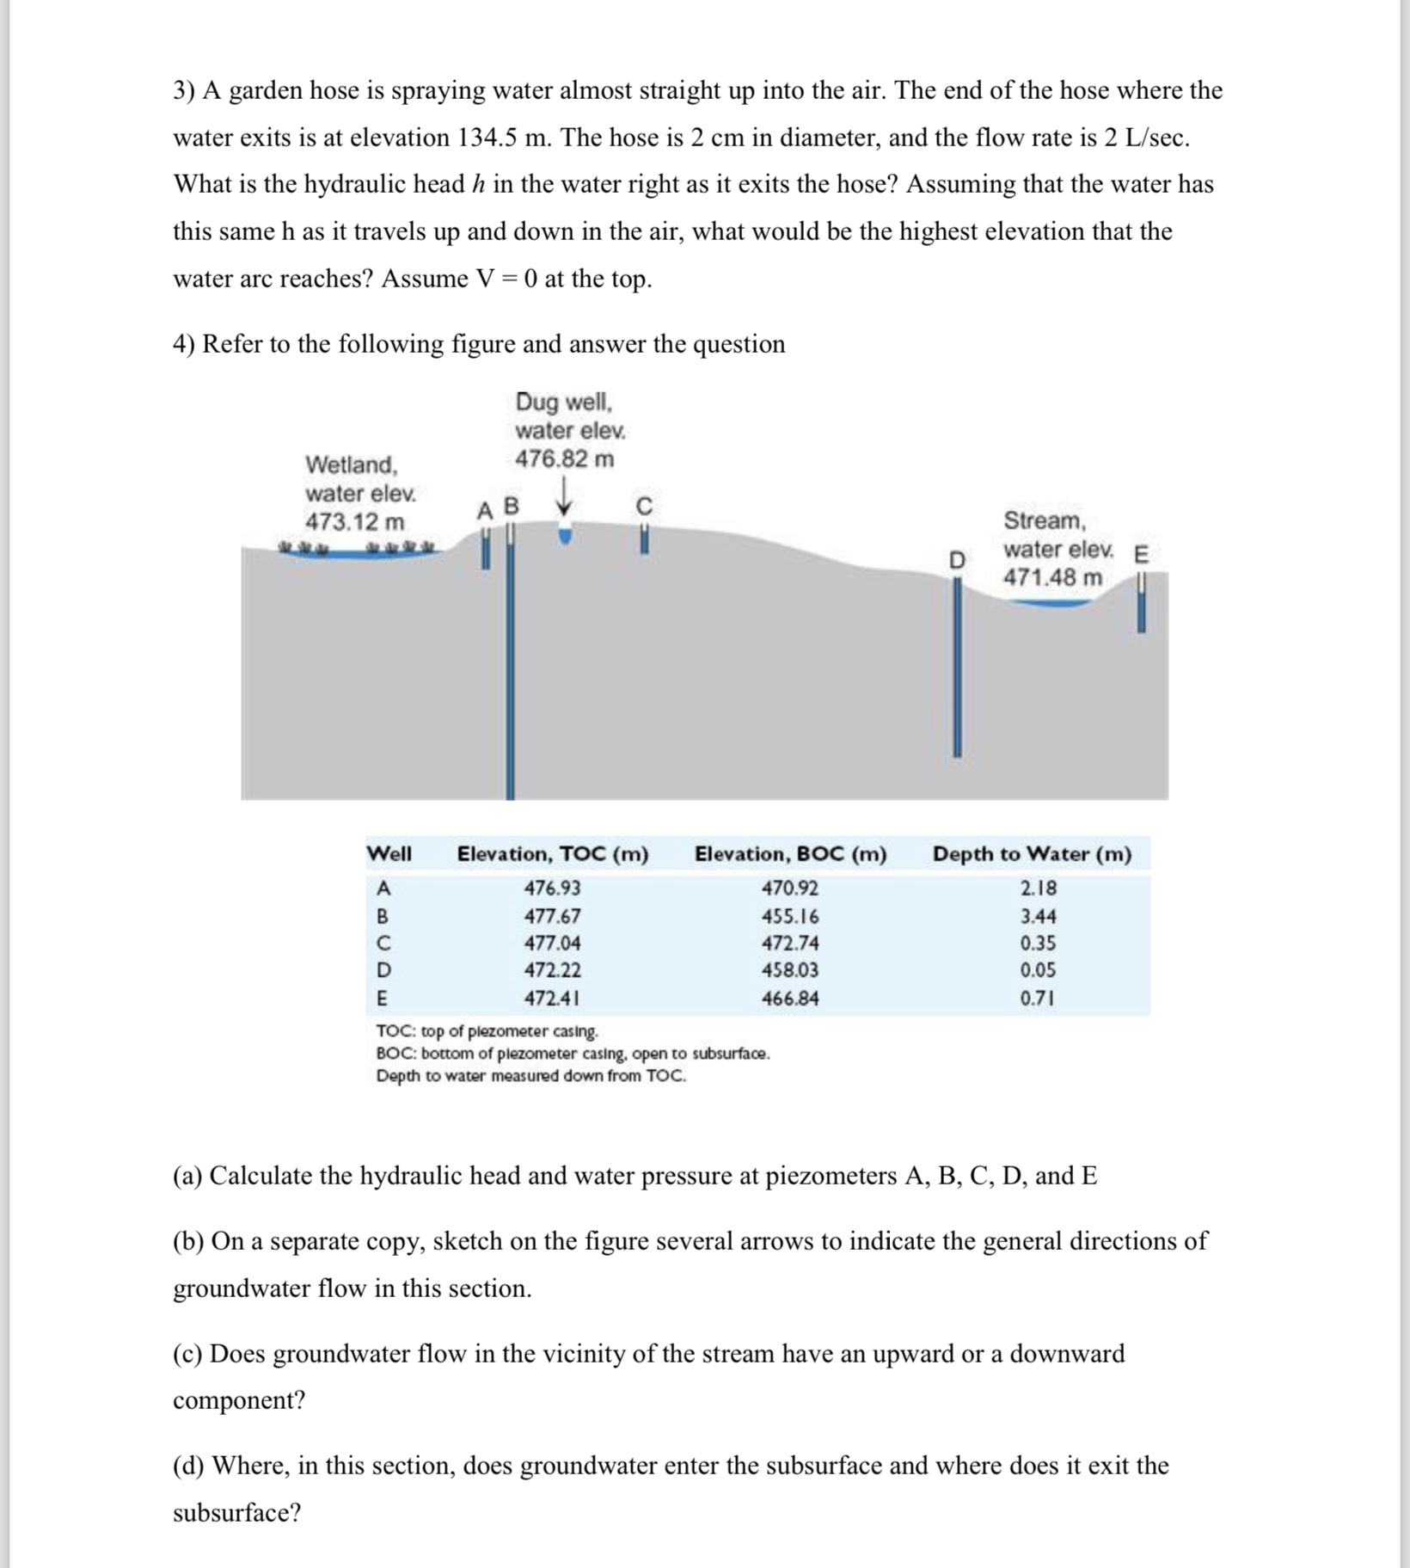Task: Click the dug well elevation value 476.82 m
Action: [564, 459]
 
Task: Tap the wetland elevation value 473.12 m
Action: [354, 522]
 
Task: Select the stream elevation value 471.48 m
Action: [1052, 577]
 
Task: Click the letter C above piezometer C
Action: [644, 506]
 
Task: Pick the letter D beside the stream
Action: [956, 561]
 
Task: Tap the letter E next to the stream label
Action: [1141, 555]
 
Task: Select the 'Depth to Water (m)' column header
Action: [1032, 854]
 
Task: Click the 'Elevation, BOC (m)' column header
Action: [790, 854]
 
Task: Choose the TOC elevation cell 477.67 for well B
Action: [552, 916]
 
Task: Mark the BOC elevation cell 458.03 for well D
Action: [790, 970]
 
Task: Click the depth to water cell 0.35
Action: [1038, 943]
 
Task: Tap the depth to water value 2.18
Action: [1038, 889]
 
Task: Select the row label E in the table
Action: [382, 999]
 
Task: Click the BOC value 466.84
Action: [790, 999]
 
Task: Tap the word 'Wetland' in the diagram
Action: [352, 465]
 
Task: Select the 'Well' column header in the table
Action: [389, 854]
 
